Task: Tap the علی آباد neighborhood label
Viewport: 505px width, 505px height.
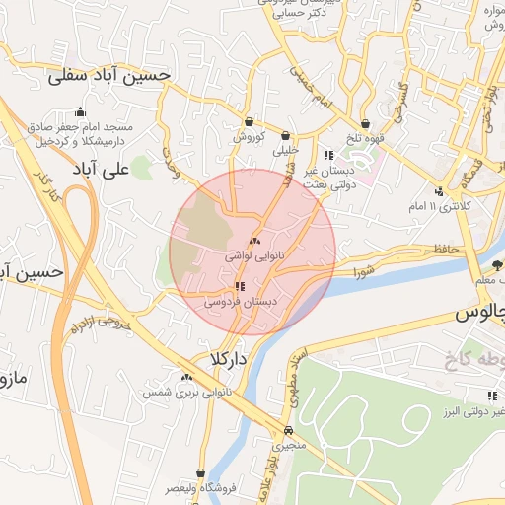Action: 102,170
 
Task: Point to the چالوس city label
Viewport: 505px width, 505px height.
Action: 480,315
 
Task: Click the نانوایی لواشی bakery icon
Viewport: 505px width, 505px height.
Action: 254,241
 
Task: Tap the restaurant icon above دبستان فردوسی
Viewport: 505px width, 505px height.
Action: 241,286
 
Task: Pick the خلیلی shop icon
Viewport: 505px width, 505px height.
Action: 286,136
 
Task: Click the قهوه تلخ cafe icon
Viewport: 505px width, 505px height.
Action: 367,124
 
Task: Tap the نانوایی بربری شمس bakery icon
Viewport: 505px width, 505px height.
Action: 186,377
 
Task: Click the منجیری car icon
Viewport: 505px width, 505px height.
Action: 287,431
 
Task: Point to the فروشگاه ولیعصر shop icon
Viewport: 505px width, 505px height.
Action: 200,473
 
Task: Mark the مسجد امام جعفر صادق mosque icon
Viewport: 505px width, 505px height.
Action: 81,112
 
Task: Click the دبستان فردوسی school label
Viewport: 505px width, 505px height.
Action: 241,302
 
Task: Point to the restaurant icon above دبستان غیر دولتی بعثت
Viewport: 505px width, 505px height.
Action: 328,155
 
